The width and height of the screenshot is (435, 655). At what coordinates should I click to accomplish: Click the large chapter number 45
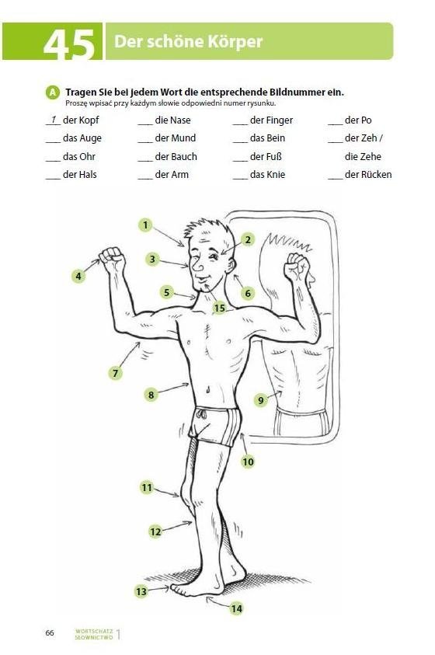[x=69, y=44]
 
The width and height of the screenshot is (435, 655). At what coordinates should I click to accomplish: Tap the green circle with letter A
[x=52, y=92]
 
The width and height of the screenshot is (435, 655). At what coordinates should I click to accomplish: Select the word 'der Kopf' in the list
[x=81, y=120]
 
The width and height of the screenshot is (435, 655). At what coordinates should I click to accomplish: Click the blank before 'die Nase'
[x=145, y=124]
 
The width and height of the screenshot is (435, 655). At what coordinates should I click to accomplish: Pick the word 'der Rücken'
[x=368, y=174]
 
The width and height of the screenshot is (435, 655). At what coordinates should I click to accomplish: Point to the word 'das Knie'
[x=267, y=174]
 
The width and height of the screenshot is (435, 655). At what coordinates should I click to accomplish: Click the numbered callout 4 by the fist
[x=78, y=276]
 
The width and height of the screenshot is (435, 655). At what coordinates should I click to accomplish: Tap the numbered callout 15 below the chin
[x=219, y=308]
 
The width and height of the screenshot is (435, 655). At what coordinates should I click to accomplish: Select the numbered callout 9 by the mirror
[x=261, y=400]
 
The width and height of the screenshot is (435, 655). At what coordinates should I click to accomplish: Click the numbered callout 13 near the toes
[x=141, y=591]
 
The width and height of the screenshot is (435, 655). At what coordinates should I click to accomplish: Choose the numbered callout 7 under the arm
[x=116, y=373]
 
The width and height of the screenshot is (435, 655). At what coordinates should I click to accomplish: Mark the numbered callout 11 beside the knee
[x=147, y=487]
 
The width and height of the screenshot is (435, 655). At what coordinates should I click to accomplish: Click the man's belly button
[x=207, y=390]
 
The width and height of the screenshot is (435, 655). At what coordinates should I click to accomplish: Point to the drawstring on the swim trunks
[x=202, y=415]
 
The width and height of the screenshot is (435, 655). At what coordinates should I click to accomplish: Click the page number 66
[x=50, y=632]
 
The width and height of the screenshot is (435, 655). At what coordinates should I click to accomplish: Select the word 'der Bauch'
[x=176, y=157]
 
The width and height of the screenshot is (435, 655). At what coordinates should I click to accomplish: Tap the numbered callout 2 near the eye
[x=248, y=240]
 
